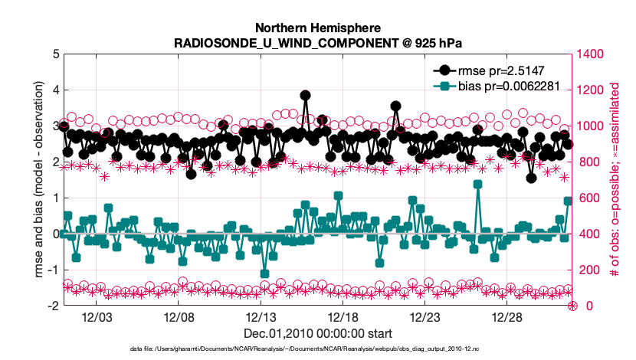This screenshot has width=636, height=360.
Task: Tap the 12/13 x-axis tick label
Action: click(261, 318)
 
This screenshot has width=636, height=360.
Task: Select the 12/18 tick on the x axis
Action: click(343, 318)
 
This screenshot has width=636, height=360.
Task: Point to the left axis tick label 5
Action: click(54, 54)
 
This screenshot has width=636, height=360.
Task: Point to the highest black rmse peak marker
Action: click(306, 96)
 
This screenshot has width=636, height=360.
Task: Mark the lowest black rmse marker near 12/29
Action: click(531, 178)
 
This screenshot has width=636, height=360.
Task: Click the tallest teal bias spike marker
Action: click(477, 184)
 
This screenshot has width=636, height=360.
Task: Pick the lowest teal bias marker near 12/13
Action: click(264, 273)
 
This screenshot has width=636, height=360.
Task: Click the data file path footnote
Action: click(317, 349)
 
